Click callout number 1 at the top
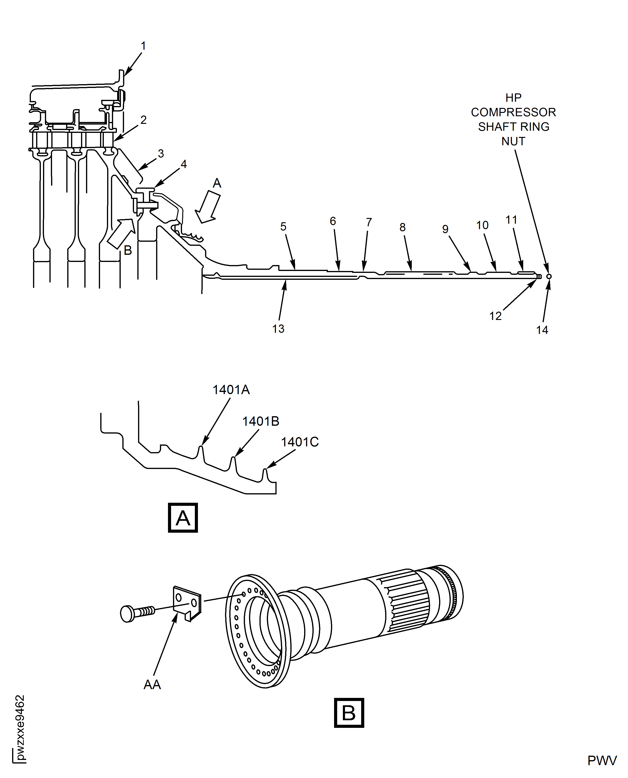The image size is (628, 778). [143, 46]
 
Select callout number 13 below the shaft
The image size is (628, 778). [278, 329]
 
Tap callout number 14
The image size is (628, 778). [542, 330]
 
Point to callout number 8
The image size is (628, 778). [402, 227]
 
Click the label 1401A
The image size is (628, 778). [231, 390]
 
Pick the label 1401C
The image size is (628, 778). [300, 442]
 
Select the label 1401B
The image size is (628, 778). [260, 421]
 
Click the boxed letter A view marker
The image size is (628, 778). [183, 518]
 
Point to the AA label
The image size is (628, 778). [152, 685]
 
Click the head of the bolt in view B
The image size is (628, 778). [127, 614]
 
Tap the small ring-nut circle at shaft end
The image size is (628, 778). [549, 276]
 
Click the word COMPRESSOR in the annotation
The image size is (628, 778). [513, 112]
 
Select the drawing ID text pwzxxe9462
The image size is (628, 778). [20, 727]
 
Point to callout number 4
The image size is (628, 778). [184, 164]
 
